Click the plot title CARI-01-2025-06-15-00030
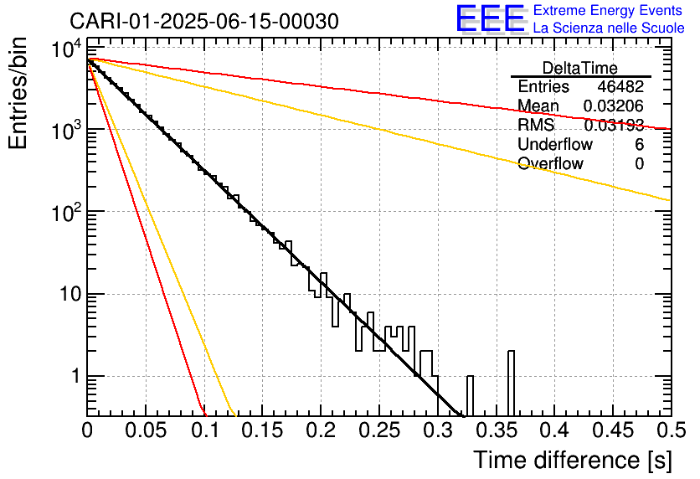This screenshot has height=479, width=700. (x=204, y=21)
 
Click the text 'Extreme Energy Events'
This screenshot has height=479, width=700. (x=609, y=11)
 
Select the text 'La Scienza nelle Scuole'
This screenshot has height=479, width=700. (x=609, y=28)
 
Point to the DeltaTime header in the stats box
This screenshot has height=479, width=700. (x=579, y=68)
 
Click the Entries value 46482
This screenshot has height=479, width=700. (x=620, y=87)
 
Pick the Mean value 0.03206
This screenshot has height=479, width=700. (x=613, y=106)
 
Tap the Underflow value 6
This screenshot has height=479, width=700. (x=639, y=145)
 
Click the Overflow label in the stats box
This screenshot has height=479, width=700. (x=550, y=164)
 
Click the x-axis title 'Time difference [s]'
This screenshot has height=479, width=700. (x=572, y=460)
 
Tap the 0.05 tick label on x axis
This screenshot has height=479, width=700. (x=146, y=431)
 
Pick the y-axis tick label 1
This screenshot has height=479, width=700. (x=74, y=377)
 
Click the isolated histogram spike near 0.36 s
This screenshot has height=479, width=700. (x=511, y=384)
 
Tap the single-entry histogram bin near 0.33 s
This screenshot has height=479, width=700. (x=470, y=395)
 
